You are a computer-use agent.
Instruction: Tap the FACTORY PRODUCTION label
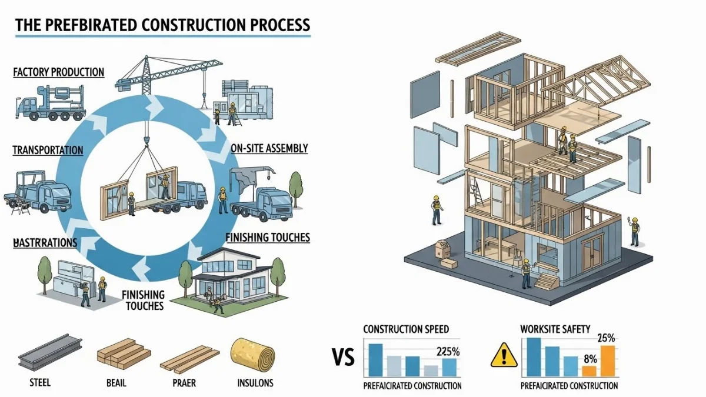[58, 72]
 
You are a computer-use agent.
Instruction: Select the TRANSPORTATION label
[48, 150]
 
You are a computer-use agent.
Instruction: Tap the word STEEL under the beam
[40, 383]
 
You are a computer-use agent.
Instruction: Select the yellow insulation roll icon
[252, 354]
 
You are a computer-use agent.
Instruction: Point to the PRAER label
[184, 383]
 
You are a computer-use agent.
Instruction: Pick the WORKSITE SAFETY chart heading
[555, 329]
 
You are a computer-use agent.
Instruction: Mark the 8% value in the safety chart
[591, 359]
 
